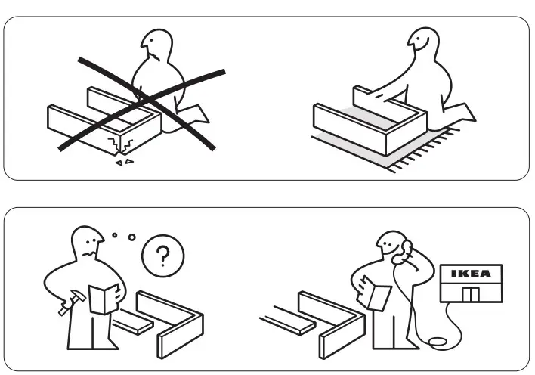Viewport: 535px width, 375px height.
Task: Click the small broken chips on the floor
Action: pos(122,161)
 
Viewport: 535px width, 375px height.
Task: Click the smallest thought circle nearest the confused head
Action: pos(115,235)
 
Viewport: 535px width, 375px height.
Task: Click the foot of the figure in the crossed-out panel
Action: pos(199,113)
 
